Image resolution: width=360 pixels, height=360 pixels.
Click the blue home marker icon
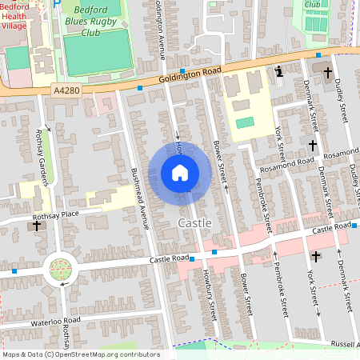coord(179,173)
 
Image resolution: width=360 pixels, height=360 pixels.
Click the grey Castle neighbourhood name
coord(194,222)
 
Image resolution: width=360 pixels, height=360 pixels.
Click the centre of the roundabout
coord(61,270)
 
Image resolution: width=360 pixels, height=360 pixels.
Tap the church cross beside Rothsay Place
coord(36,226)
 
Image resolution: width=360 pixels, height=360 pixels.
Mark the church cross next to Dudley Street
coord(326,70)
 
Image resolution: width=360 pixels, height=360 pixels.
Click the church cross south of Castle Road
coord(315,256)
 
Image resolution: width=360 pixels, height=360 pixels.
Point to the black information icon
coord(278,72)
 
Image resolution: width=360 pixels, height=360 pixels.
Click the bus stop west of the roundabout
coord(15,272)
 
